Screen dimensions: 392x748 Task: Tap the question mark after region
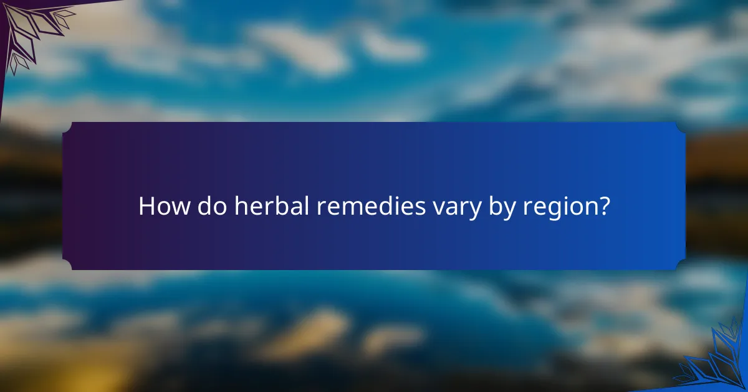pyautogui.click(x=602, y=206)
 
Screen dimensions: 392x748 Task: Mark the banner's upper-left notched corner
pyautogui.click(x=67, y=127)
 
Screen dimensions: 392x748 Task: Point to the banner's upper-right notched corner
pyautogui.click(x=681, y=127)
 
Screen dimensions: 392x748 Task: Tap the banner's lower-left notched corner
pyautogui.click(x=67, y=265)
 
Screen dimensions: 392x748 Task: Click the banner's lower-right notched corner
pyautogui.click(x=681, y=265)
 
